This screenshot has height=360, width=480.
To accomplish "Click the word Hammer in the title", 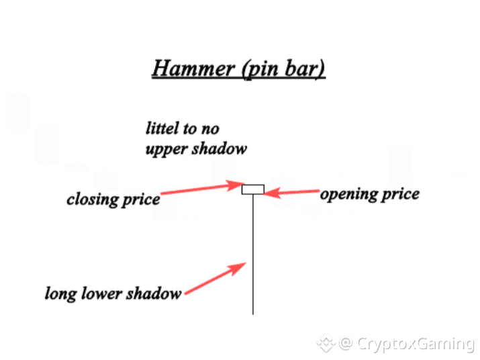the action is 187,69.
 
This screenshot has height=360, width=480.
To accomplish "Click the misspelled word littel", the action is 163,128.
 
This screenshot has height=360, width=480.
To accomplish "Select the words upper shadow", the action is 196,148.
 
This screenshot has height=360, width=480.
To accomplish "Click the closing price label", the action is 113,199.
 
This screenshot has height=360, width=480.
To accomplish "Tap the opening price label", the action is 369,194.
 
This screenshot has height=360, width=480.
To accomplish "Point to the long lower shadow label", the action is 113,293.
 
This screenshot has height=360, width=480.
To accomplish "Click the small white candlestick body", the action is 252,189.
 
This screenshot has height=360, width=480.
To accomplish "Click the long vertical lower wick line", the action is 252,255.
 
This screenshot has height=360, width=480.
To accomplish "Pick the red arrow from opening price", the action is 292,193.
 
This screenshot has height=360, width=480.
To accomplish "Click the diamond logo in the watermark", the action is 326,344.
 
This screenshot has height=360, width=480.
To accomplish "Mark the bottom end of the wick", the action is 252,313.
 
